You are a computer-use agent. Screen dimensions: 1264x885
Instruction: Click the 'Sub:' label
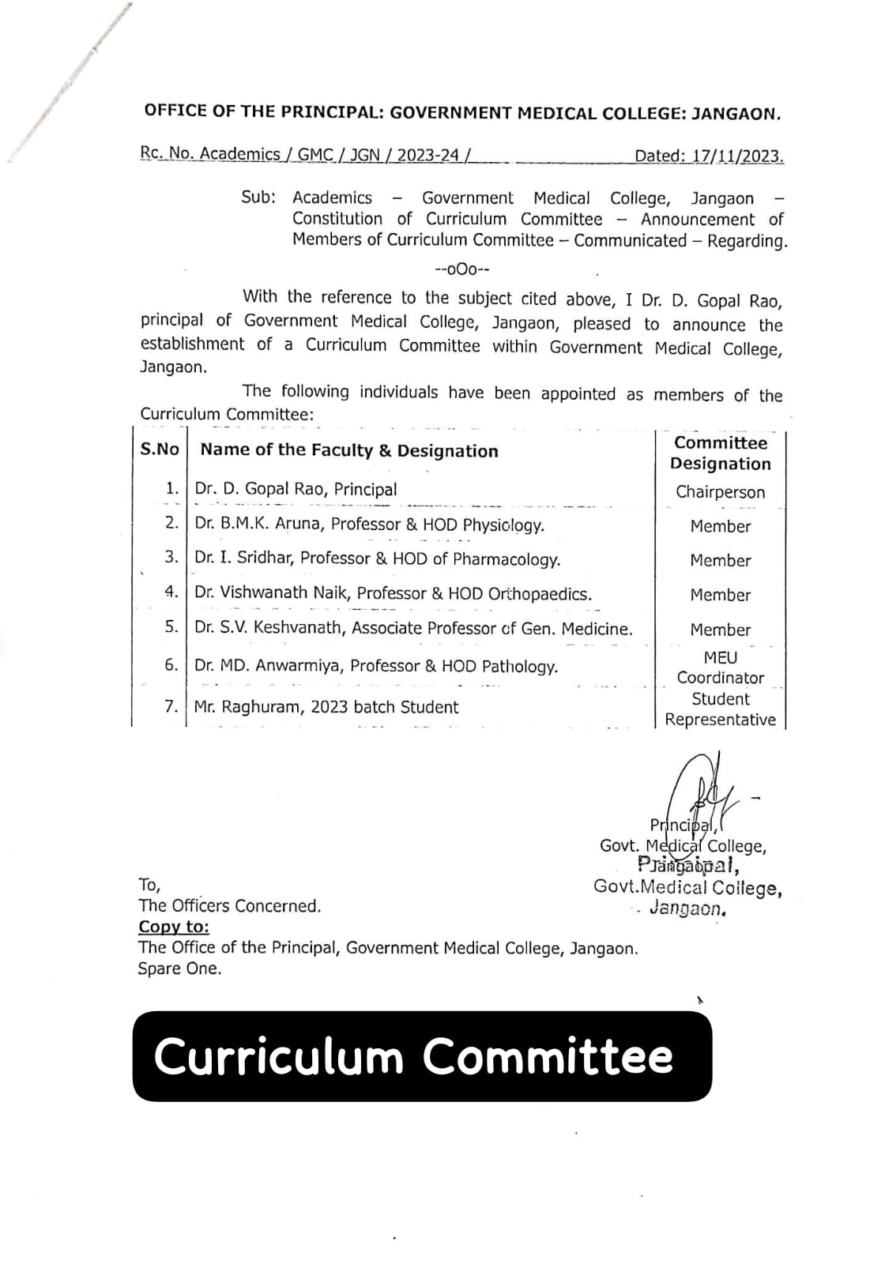point(258,197)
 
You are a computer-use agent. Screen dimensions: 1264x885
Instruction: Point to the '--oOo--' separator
point(463,269)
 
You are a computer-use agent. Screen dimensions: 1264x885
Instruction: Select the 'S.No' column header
point(160,450)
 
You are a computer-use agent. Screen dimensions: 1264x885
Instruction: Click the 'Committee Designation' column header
point(720,453)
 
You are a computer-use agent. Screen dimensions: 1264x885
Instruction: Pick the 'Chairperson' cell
point(720,492)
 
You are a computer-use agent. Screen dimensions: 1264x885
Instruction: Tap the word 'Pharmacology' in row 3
point(506,559)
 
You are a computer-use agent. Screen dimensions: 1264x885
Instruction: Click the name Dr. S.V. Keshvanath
point(268,629)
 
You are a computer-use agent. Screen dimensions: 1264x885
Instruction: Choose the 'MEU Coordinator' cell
point(720,668)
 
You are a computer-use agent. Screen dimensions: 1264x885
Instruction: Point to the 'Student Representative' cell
point(720,709)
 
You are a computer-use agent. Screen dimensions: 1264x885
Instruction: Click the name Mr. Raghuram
point(246,707)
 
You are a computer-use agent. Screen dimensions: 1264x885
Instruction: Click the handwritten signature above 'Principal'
point(699,790)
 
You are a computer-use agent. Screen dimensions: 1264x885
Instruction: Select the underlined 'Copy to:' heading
point(174,927)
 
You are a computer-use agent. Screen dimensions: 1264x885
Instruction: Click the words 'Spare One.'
point(179,969)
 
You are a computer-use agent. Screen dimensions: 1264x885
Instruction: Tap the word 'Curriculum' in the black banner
point(278,1056)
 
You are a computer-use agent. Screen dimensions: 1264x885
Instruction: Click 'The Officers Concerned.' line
point(230,906)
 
